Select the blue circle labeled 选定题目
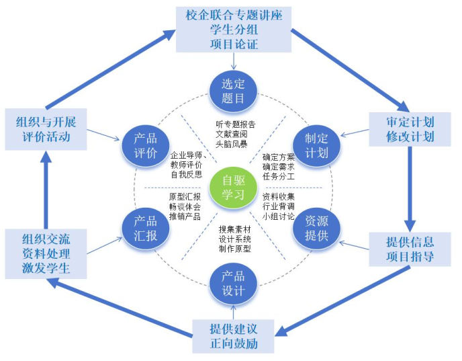pyautogui.click(x=234, y=92)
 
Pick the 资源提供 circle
pyautogui.click(x=316, y=229)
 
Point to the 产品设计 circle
pyautogui.click(x=234, y=283)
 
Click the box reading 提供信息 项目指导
pyautogui.click(x=410, y=249)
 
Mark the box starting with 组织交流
pyautogui.click(x=46, y=254)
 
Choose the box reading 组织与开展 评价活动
pyautogui.click(x=46, y=129)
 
